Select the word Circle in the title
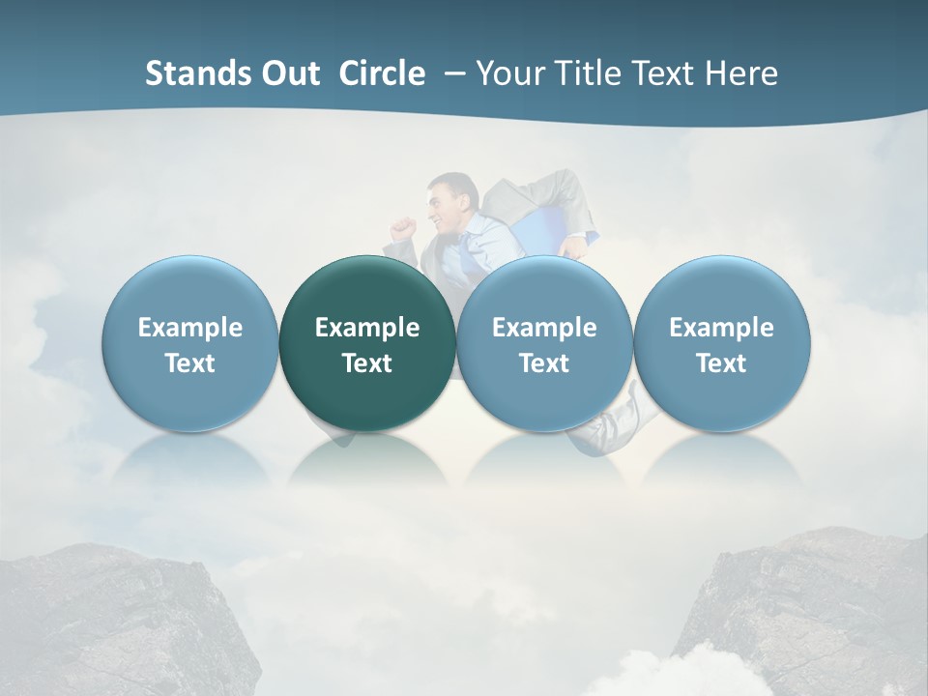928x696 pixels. pyautogui.click(x=382, y=73)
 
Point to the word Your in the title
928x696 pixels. pyautogui.click(x=509, y=73)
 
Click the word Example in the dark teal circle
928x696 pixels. pyautogui.click(x=367, y=328)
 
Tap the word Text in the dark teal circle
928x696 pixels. pyautogui.click(x=367, y=363)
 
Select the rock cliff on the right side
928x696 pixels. pyautogui.click(x=812, y=609)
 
